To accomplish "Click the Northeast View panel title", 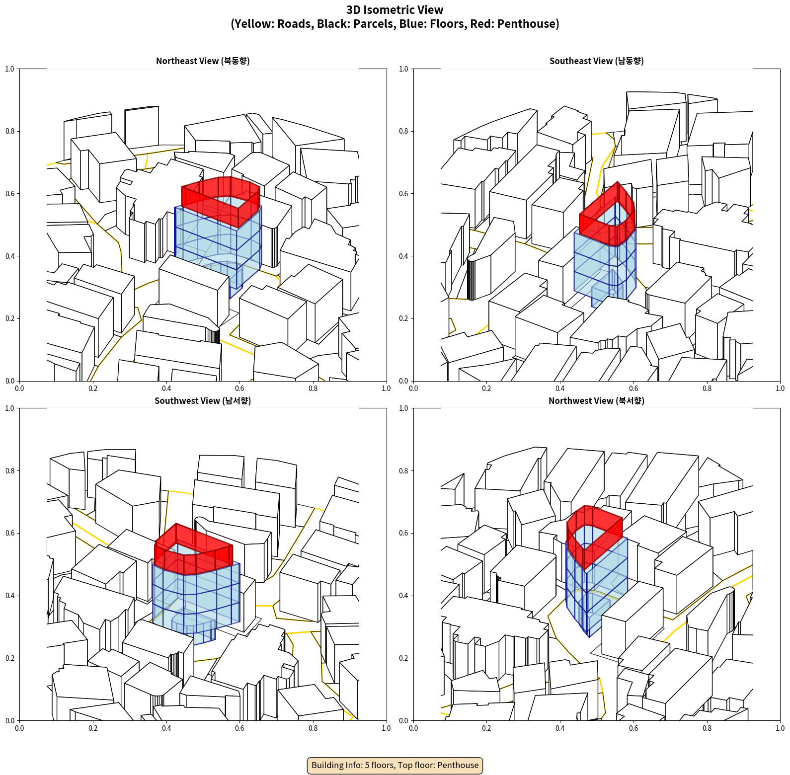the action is point(203,61).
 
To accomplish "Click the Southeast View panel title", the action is point(596,61).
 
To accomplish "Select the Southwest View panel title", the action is point(203,400).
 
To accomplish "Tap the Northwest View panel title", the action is point(596,400).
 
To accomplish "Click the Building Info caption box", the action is point(395,765).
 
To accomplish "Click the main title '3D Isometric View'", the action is point(395,10).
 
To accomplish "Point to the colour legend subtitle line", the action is point(395,24).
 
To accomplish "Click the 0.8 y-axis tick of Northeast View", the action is point(10,131).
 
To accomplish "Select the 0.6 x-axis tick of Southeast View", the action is point(633,388).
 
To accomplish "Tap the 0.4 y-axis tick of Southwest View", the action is point(10,596).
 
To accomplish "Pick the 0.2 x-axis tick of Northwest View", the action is point(486,728).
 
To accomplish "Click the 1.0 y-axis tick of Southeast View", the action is point(403,69).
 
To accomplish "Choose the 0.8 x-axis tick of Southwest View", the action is point(313,728).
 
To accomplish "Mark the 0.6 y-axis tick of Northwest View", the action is point(403,533).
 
